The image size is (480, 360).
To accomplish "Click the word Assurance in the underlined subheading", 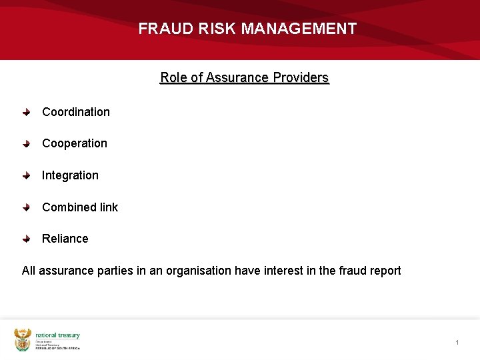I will coord(237,77).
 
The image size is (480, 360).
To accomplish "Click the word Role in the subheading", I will coord(173,77).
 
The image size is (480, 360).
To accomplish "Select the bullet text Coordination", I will coord(76,112).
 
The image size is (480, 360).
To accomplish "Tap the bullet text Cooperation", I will coord(75,143).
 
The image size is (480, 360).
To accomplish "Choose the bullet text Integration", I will coord(70,175).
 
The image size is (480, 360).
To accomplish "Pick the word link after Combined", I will coord(109,207).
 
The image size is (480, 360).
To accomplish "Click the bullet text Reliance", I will coord(65,239).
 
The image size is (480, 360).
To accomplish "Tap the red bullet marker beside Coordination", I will coord(26,112).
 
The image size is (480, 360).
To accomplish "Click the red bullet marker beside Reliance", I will coord(26,239).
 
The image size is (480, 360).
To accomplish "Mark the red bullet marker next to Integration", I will coord(26,175).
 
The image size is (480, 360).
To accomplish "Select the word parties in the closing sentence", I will coord(109,271).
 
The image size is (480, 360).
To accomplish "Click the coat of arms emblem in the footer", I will coord(23,339).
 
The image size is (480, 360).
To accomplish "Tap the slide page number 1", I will coord(457,342).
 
